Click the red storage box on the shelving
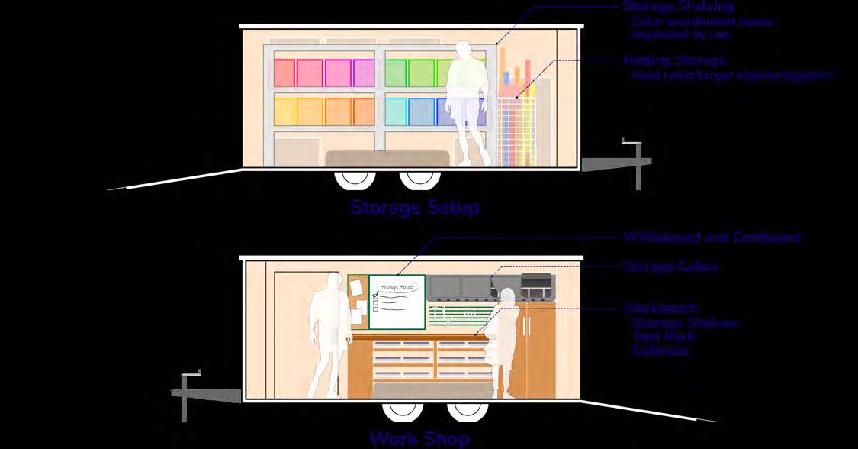284,73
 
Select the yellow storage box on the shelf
285,111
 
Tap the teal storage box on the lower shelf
397,111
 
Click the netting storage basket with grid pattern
518,130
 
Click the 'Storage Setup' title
415,208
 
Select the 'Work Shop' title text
419,438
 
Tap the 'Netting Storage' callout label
674,60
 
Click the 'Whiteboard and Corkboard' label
712,237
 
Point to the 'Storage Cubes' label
670,266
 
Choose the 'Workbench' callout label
660,308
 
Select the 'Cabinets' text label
660,351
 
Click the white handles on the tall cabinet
526,325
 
